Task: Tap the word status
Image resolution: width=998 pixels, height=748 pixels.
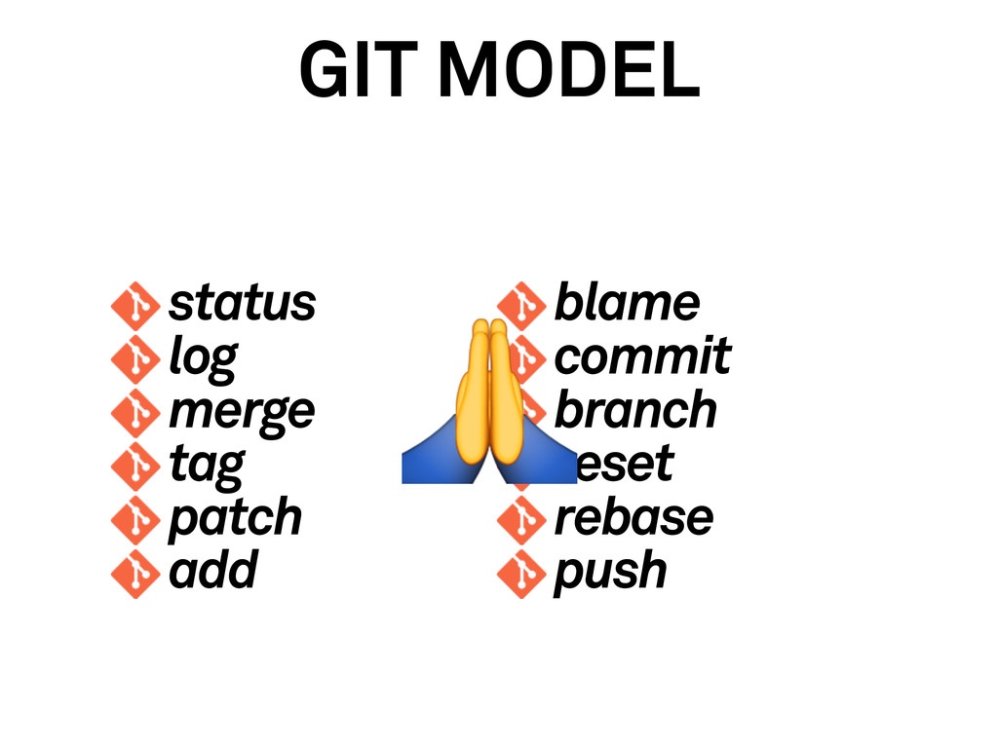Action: click(x=242, y=303)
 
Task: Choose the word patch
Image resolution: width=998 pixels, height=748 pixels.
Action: click(x=235, y=517)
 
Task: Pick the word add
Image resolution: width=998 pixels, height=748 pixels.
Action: click(x=212, y=570)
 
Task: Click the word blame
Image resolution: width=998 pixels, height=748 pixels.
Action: click(x=627, y=303)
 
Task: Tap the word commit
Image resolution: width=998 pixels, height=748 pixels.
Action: click(x=642, y=356)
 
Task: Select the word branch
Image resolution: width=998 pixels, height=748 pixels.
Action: click(x=635, y=410)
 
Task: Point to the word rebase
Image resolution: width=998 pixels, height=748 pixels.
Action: click(x=633, y=517)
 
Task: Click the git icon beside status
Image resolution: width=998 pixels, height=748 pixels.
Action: click(x=134, y=305)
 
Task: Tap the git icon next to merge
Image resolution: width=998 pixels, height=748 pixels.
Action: click(x=134, y=412)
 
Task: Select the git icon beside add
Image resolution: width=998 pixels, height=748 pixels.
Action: click(x=134, y=573)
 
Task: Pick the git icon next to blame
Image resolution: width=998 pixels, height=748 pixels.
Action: click(x=519, y=303)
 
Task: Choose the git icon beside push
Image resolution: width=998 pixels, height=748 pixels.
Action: click(x=519, y=573)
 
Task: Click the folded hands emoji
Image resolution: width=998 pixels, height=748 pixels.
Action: click(x=487, y=404)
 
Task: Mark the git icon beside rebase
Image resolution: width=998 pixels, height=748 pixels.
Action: click(x=519, y=519)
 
